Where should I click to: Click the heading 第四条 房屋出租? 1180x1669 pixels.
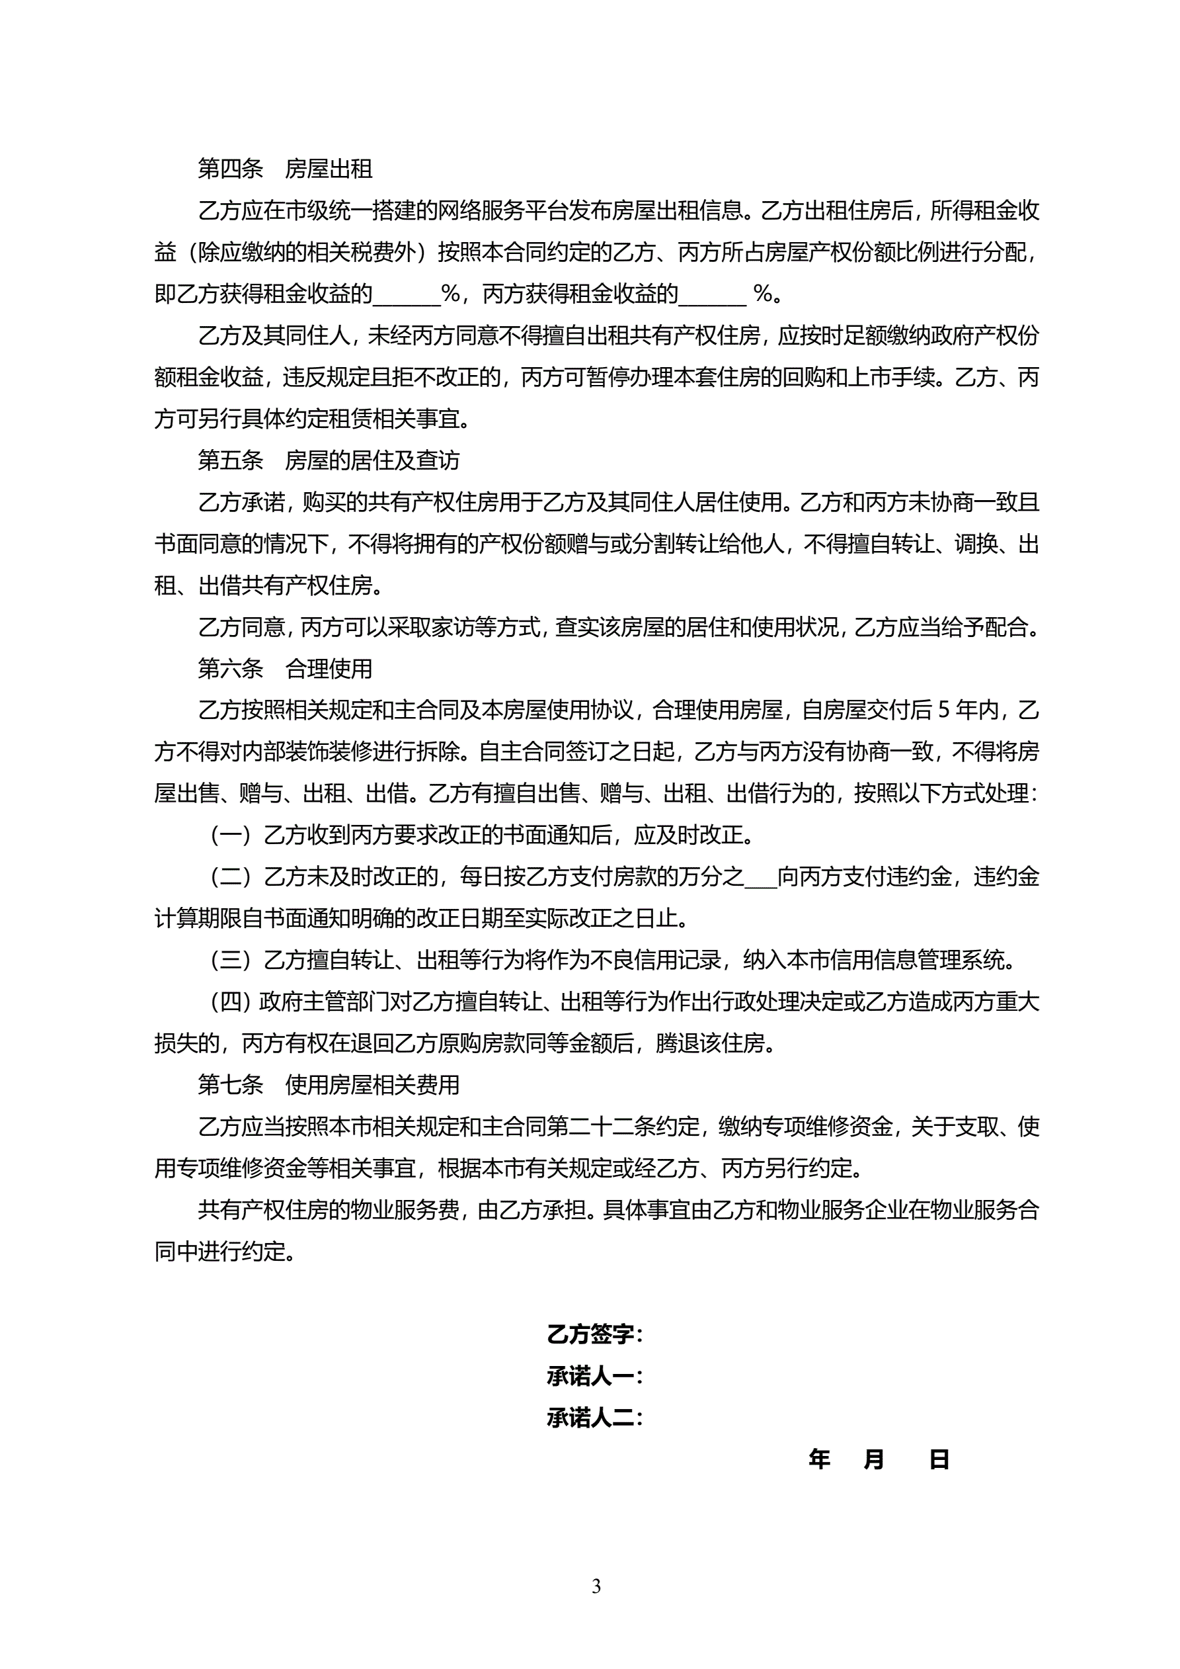(285, 169)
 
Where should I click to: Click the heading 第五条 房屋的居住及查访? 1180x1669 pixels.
(329, 460)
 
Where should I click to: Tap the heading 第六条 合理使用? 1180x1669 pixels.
(285, 668)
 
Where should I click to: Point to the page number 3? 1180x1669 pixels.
(596, 1586)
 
